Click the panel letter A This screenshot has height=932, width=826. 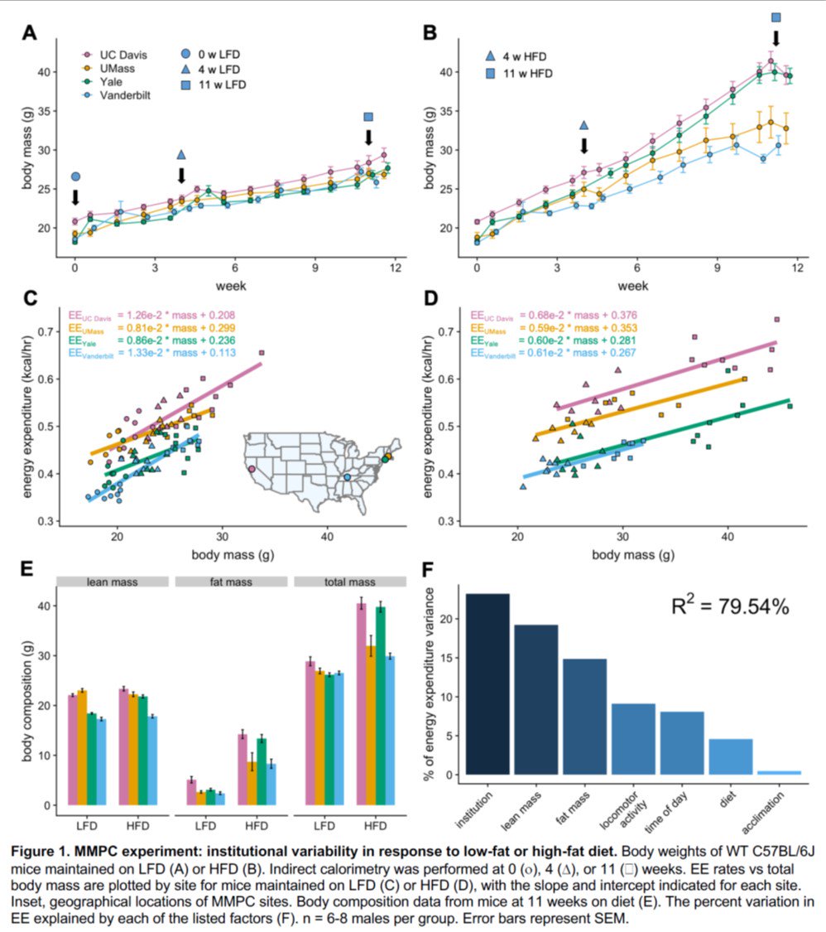[29, 34]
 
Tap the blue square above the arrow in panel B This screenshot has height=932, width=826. [776, 17]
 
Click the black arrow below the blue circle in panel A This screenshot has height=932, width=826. [75, 196]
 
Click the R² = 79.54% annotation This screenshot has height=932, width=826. [729, 606]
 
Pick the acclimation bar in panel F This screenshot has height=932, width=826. [779, 773]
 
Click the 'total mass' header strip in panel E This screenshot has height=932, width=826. [348, 582]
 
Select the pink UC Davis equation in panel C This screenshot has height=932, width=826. [152, 315]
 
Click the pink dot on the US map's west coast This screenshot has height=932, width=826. [252, 469]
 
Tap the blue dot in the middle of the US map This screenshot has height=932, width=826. [347, 477]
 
